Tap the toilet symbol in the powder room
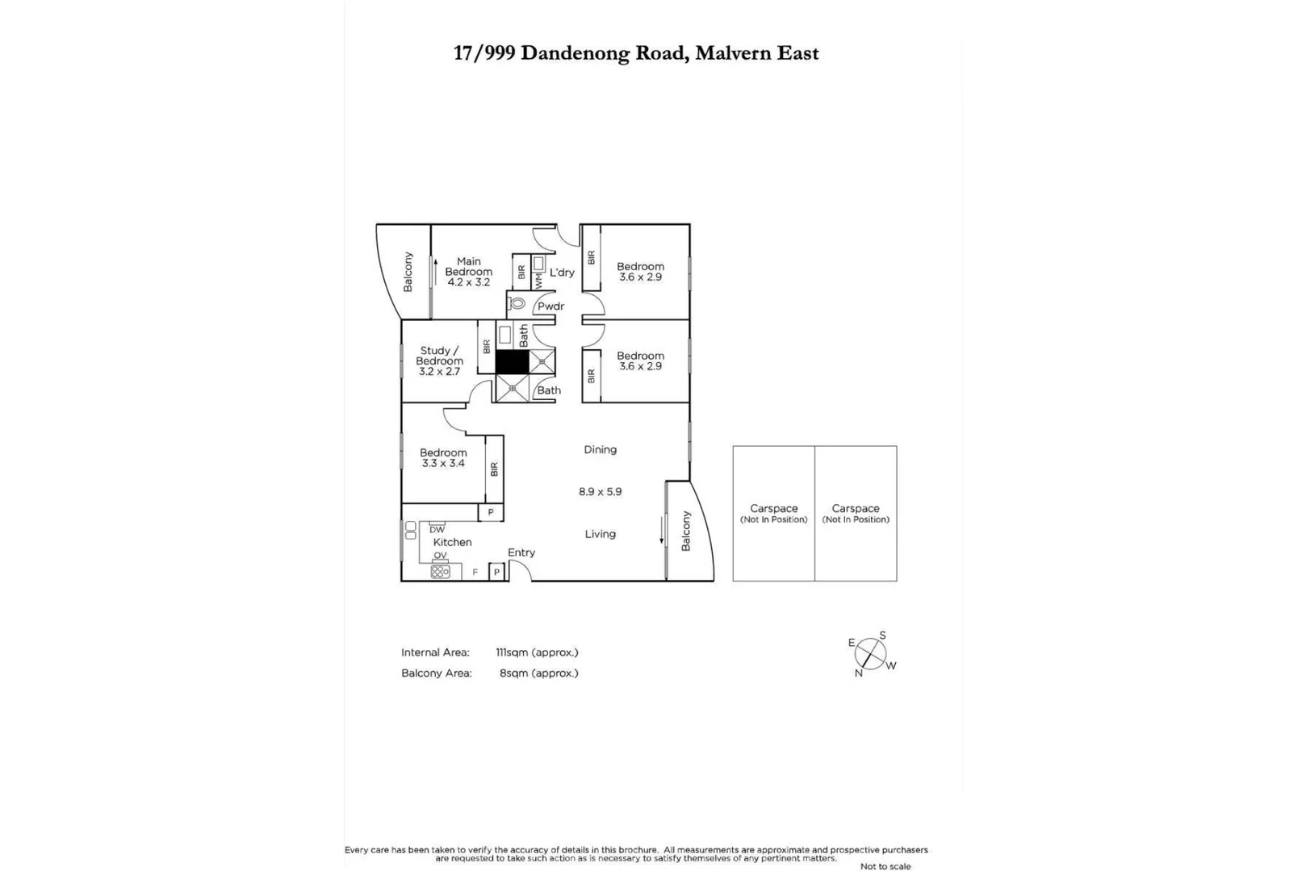pyautogui.click(x=517, y=304)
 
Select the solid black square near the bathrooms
pyautogui.click(x=512, y=361)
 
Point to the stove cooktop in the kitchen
pyautogui.click(x=440, y=571)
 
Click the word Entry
pyautogui.click(x=521, y=552)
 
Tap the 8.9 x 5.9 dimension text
pyautogui.click(x=600, y=491)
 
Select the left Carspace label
pyautogui.click(x=773, y=509)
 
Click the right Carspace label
pyautogui.click(x=856, y=509)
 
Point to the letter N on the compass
pyautogui.click(x=859, y=673)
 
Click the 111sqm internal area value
pyautogui.click(x=537, y=652)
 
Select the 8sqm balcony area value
pyautogui.click(x=538, y=673)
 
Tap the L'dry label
pyautogui.click(x=562, y=273)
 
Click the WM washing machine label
pyautogui.click(x=538, y=280)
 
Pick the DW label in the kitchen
pyautogui.click(x=437, y=530)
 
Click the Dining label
pyautogui.click(x=600, y=449)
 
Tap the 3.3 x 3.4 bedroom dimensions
pyautogui.click(x=443, y=463)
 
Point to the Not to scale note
pyautogui.click(x=885, y=866)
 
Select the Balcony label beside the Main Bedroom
pyautogui.click(x=408, y=272)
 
